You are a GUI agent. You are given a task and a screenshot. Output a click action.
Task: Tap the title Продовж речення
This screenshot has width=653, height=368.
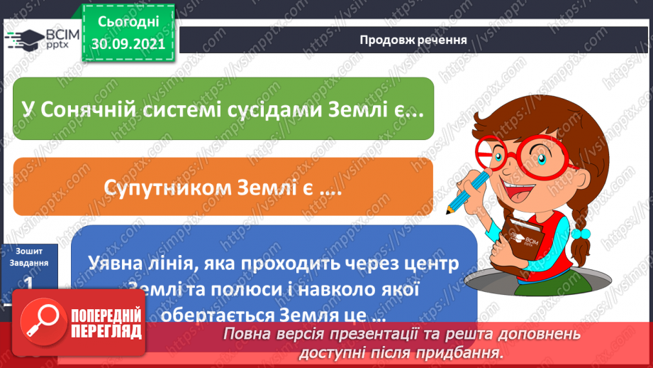(x=413, y=39)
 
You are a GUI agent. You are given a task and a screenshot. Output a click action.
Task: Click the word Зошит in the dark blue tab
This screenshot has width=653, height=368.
(x=29, y=250)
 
